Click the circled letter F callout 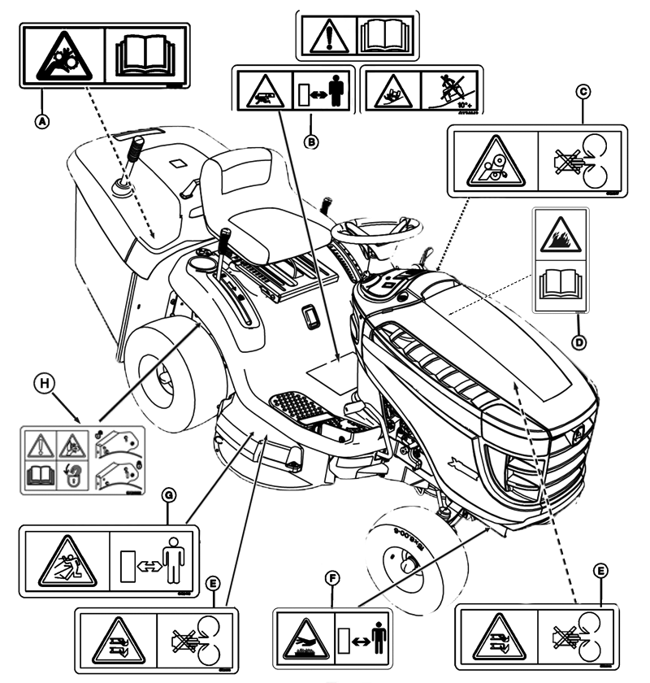pos(329,578)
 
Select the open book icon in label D pos(557,285)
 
